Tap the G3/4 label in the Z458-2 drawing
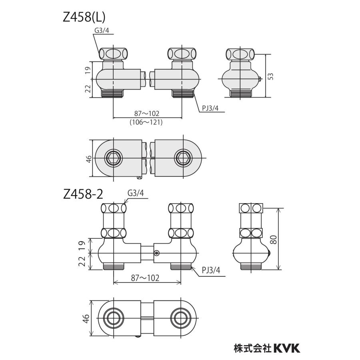pos(135,194)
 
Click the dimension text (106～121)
pos(146,123)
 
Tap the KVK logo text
pos(286,348)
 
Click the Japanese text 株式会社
pos(252,348)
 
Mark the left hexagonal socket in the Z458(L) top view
pos(114,158)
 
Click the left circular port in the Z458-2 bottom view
pos(114,319)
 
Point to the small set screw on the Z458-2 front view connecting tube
pos(156,252)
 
